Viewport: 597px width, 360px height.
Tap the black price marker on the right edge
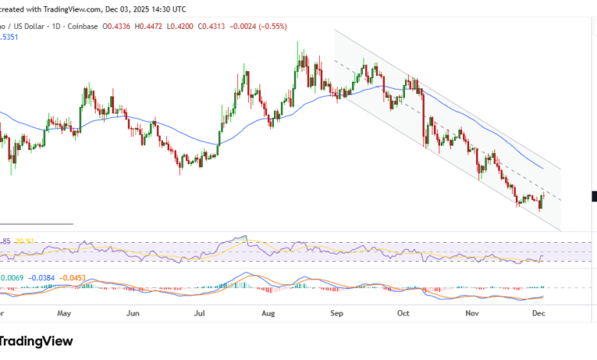click(x=594, y=196)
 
